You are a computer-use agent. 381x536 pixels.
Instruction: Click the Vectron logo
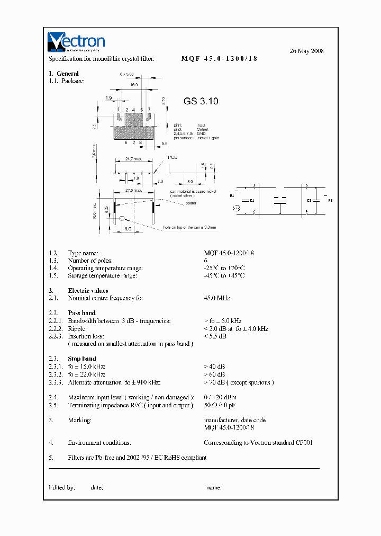click(76, 42)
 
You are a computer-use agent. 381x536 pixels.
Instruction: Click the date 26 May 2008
click(306, 51)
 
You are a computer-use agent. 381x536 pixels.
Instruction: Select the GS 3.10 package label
click(201, 101)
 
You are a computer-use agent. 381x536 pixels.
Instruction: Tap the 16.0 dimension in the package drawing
click(134, 84)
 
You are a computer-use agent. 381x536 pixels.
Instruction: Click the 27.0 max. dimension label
click(134, 190)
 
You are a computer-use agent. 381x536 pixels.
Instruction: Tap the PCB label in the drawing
click(173, 157)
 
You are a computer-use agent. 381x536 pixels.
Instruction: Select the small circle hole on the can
click(122, 218)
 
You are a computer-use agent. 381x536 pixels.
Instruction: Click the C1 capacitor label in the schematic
click(252, 200)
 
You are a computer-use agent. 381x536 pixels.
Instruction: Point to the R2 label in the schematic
click(330, 201)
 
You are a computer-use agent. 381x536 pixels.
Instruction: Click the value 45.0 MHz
click(217, 298)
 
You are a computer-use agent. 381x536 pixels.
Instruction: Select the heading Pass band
click(81, 313)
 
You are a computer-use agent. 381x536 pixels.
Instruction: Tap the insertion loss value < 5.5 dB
click(215, 336)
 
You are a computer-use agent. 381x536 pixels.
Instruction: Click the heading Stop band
click(82, 359)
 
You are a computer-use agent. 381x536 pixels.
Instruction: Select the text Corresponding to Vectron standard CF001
click(258, 442)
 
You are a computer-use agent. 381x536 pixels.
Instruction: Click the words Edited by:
click(62, 487)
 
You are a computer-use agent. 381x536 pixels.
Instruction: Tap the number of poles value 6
click(206, 261)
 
